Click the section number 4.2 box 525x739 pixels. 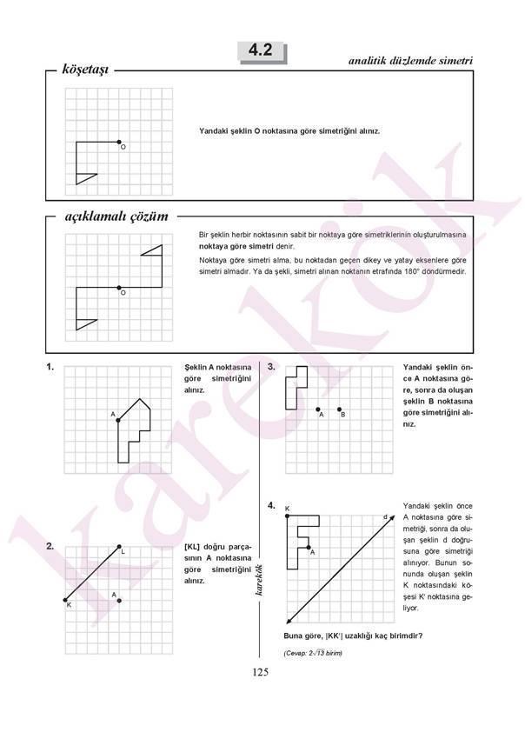coord(261,51)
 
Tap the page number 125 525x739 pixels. coord(261,671)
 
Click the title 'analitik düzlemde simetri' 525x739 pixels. coord(409,61)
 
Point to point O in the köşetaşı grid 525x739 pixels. coord(119,142)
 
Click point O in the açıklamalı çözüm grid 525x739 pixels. coord(119,288)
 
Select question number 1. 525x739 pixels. coord(51,367)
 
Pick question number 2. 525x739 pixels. coord(51,546)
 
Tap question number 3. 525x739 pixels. coord(271,367)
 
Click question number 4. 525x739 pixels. coord(271,504)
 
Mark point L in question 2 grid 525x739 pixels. coord(119,547)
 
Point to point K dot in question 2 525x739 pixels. coord(65,600)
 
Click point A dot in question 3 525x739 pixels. coord(318,409)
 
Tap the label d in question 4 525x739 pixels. coord(384,518)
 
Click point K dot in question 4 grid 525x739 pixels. coord(286,516)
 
